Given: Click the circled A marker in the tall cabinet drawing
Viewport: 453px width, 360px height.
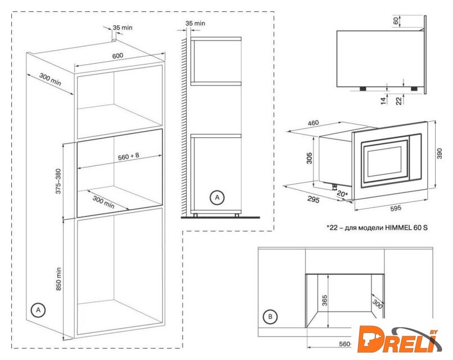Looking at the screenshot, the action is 38,310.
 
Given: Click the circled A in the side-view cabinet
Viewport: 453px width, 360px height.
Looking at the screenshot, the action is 217,197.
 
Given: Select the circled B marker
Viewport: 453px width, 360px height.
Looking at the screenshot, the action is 270,316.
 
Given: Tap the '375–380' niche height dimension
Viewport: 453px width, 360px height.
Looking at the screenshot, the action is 58,181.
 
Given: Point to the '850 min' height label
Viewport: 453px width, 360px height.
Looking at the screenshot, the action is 58,279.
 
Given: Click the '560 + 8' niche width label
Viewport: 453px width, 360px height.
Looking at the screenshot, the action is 129,156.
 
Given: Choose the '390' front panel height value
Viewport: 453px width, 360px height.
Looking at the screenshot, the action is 439,153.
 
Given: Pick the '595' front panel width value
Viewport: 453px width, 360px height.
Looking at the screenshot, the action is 395,208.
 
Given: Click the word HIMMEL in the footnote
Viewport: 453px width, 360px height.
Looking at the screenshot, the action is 398,228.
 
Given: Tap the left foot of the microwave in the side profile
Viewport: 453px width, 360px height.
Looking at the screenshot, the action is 363,89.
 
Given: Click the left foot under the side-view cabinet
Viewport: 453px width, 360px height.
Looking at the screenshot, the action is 195,215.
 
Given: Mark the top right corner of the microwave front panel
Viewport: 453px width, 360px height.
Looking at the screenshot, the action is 427,121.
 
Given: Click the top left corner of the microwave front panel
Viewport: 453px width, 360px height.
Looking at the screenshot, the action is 352,133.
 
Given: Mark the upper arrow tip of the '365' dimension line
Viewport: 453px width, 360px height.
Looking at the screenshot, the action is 328,275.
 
